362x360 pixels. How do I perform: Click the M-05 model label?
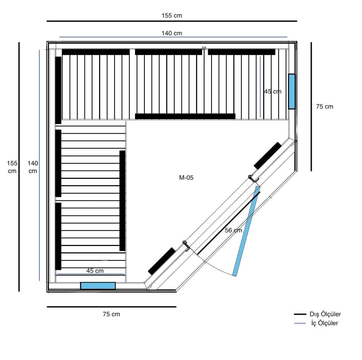[186, 177]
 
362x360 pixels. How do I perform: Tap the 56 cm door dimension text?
[233, 230]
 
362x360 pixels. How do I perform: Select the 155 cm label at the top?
[172, 15]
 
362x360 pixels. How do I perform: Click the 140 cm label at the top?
[172, 33]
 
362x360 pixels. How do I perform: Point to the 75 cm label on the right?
[325, 106]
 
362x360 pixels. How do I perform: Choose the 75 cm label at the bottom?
[112, 314]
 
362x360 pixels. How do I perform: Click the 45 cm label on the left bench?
[95, 271]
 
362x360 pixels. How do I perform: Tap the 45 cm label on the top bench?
[273, 91]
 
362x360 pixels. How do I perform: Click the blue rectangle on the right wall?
[292, 91]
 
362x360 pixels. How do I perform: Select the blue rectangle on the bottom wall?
[98, 286]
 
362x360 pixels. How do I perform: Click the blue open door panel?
[247, 231]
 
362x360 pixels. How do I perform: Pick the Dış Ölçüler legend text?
[325, 314]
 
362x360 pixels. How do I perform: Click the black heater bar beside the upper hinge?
[268, 155]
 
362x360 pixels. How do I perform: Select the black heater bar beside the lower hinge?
[162, 261]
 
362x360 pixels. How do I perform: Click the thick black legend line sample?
[300, 314]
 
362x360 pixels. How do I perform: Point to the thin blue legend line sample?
[300, 323]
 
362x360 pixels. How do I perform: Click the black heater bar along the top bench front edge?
[185, 116]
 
